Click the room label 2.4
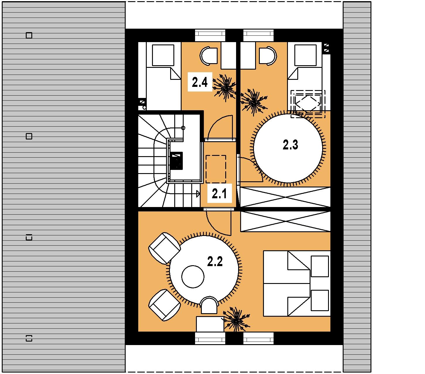tap(199, 82)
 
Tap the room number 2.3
tap(290, 145)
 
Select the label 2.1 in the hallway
tap(219, 194)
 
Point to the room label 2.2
tap(215, 261)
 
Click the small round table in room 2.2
tap(193, 277)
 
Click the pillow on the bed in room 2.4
tap(163, 55)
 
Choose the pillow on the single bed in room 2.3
tap(305, 55)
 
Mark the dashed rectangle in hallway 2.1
tap(216, 169)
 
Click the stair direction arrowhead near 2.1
tap(198, 194)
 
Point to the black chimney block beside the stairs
tap(177, 161)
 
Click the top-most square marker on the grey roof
tap(29, 35)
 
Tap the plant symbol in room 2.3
tap(254, 102)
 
